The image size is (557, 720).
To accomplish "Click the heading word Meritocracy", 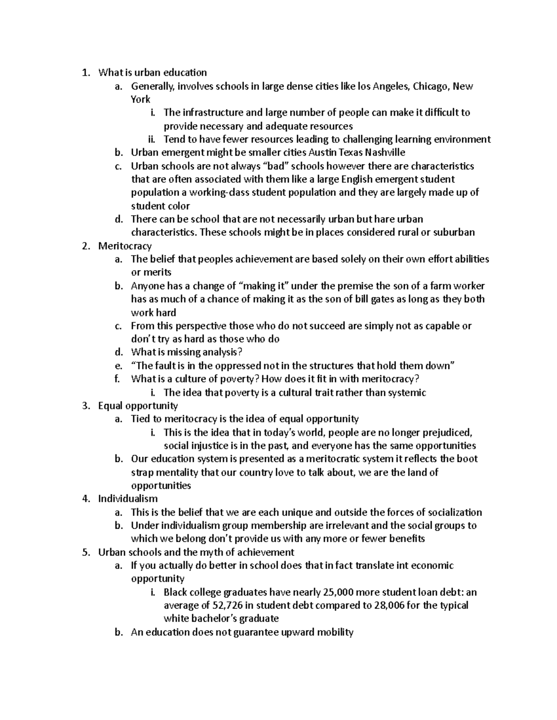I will (x=125, y=246).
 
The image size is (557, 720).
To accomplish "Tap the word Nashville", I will (x=385, y=153).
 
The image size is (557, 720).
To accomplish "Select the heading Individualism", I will (x=128, y=499).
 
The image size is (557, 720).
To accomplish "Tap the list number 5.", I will (x=85, y=552).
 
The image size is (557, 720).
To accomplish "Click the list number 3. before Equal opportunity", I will (x=85, y=406).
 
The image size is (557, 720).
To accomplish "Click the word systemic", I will (x=407, y=393).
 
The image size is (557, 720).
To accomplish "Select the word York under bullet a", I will (x=140, y=99).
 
